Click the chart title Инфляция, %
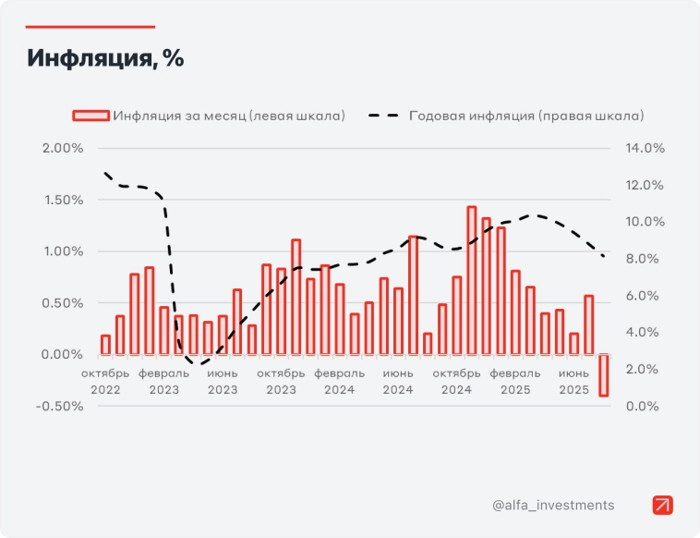click(105, 58)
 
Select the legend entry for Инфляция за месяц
click(228, 116)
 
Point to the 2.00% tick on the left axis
click(62, 148)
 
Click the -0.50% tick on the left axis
click(60, 406)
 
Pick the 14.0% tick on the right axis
click(646, 148)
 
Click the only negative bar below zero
click(603, 374)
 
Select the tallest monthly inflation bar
click(471, 280)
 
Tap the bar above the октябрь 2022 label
click(105, 344)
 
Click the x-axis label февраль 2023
click(164, 381)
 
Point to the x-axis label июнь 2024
click(398, 381)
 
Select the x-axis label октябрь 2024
click(456, 381)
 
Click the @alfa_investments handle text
click(553, 505)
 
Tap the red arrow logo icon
click(663, 505)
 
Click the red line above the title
click(91, 27)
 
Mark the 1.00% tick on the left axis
click(62, 251)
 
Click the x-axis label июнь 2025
click(573, 381)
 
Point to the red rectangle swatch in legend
click(91, 116)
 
